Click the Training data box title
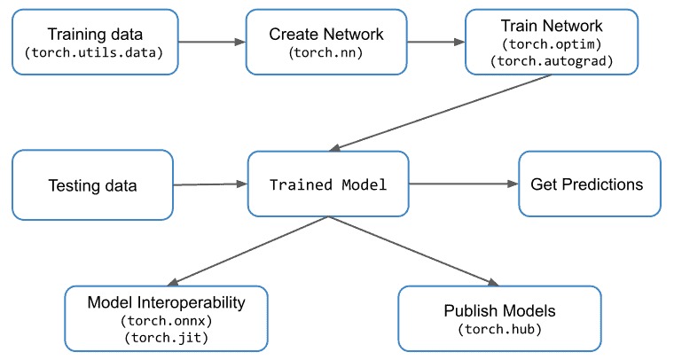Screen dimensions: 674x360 pos(95,35)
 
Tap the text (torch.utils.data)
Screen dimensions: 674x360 pos(94,53)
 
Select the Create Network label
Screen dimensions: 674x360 pos(326,35)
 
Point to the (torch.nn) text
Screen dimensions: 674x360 pos(326,53)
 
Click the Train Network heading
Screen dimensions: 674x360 pos(552,26)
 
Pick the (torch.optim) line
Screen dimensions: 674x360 pos(552,43)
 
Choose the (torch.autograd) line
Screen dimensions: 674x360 pos(552,61)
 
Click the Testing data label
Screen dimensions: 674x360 pos(92,185)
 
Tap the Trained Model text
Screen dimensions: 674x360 pos(328,184)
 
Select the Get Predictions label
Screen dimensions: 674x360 pos(587,184)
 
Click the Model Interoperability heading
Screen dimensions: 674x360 pos(167,302)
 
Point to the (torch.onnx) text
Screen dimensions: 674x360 pos(167,320)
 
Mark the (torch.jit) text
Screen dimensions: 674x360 pos(167,338)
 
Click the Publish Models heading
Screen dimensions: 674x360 pos(499,310)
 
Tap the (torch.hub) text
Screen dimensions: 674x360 pos(499,330)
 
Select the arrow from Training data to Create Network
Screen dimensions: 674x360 pos(212,42)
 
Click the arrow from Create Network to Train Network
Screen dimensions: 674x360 pos(435,42)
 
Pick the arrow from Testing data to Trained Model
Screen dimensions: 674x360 pos(210,184)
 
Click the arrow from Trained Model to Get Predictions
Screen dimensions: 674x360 pos(463,184)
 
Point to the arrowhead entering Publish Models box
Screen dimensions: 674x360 pos(493,282)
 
